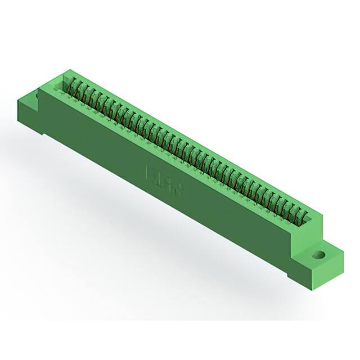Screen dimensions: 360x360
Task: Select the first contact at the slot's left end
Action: coord(71,84)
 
